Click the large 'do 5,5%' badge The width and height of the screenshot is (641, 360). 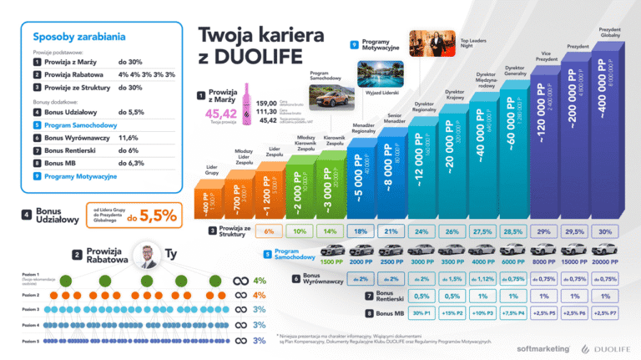click(158, 215)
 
